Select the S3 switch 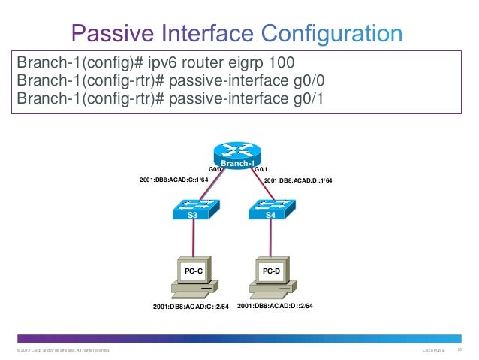tap(193, 210)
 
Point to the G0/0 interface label tap(216, 170)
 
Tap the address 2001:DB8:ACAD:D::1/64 tap(298, 180)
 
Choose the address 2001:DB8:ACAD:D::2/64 tap(275, 307)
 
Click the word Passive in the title tap(110, 34)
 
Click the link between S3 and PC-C tap(194, 238)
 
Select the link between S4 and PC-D tap(270, 238)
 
